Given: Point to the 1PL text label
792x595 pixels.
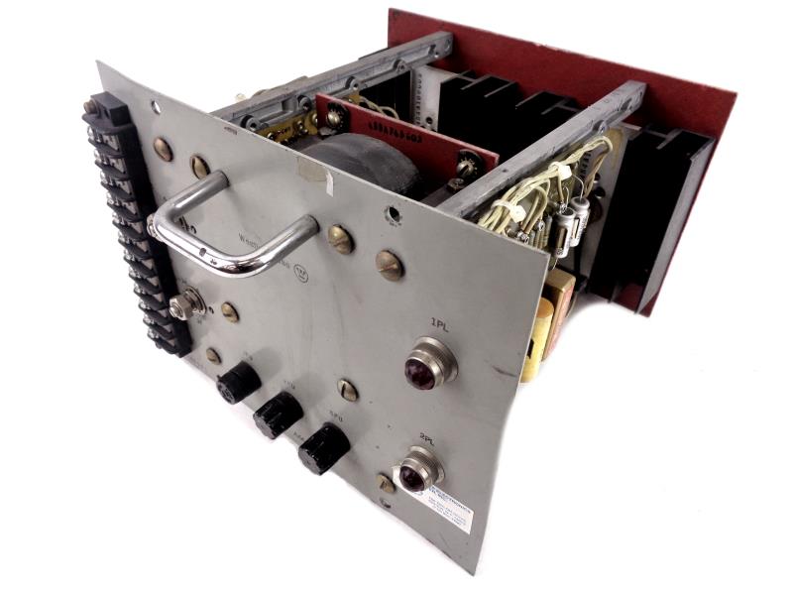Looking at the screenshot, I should coord(441,322).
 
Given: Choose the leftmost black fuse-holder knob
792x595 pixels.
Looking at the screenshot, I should coord(238,382).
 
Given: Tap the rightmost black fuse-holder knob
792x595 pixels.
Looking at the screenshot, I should coord(323,448).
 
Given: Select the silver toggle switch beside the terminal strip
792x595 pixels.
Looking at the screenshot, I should coord(182,304).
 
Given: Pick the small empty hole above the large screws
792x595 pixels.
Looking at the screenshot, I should coord(393,213).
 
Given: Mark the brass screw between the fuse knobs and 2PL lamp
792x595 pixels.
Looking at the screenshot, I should coord(347,390).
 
